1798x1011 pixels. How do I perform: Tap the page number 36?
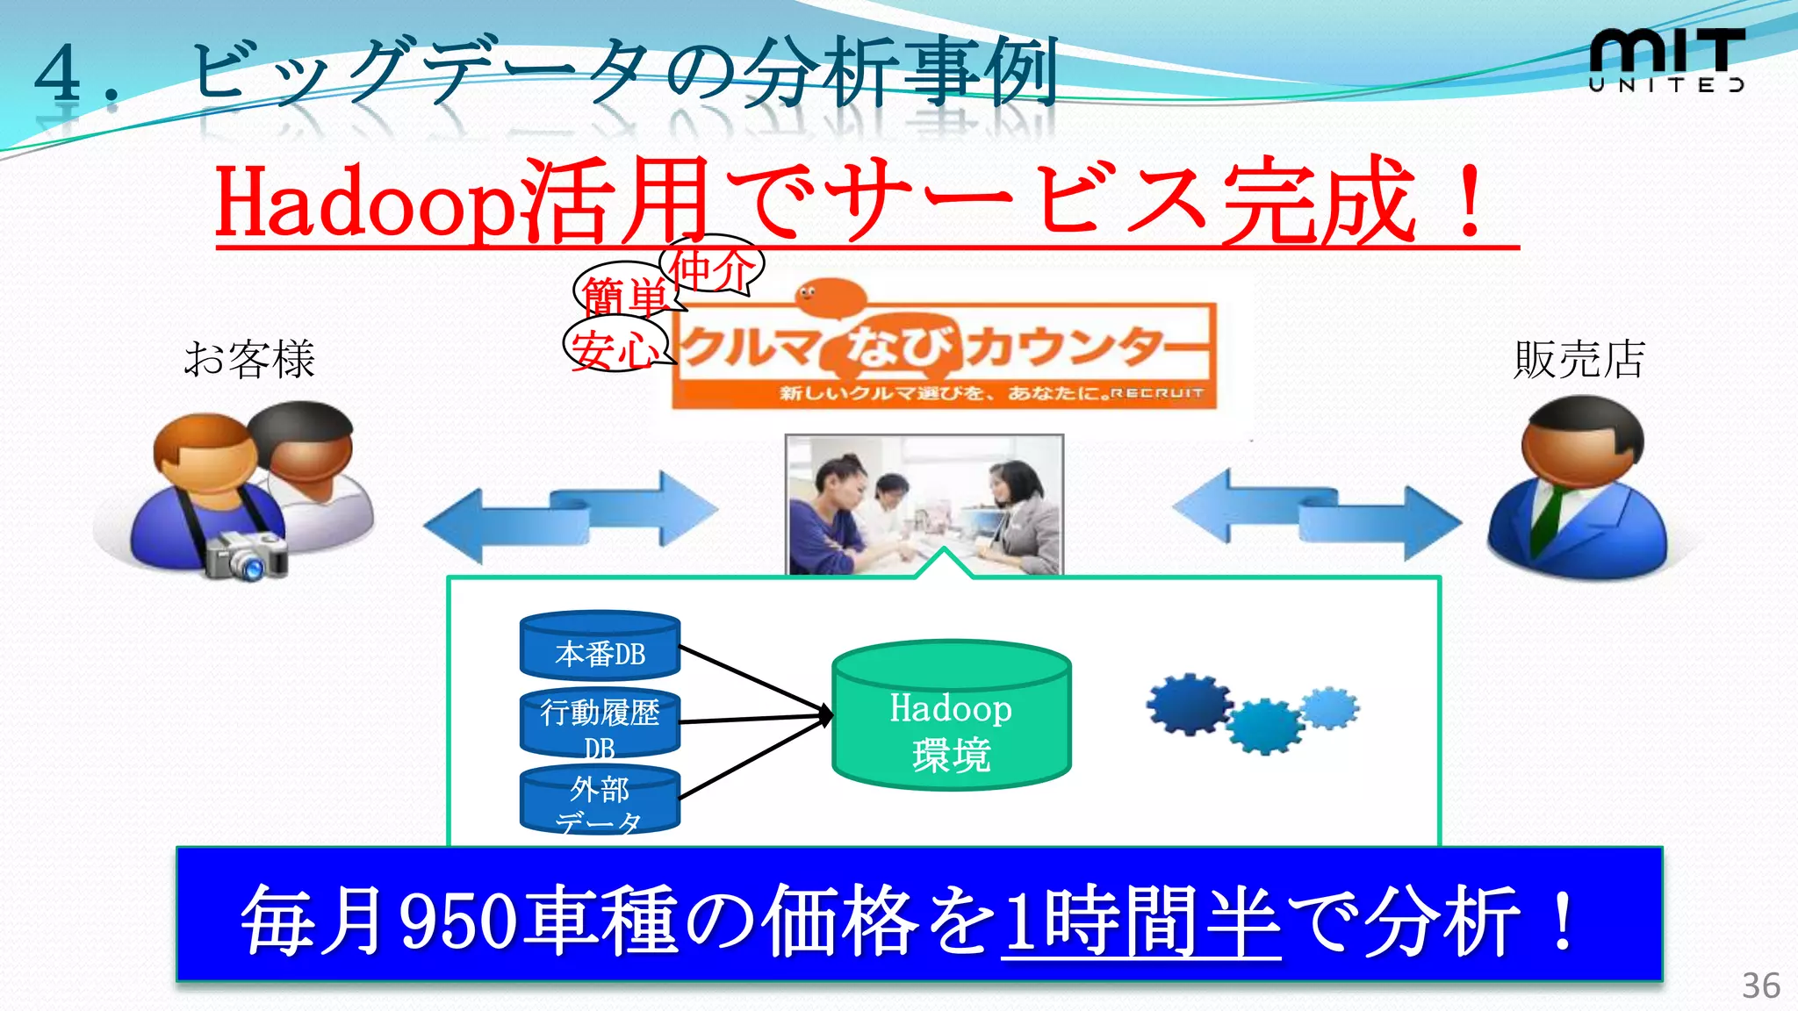pos(1760,986)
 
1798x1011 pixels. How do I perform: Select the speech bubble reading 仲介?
pos(712,266)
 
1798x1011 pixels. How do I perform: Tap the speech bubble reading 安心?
pos(614,348)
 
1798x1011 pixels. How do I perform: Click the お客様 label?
pos(248,360)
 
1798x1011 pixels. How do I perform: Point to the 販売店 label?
pos(1579,360)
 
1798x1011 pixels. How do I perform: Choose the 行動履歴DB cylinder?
pos(600,723)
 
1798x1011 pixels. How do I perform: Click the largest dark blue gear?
pos(1189,704)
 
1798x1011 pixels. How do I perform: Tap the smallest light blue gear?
pos(1330,707)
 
